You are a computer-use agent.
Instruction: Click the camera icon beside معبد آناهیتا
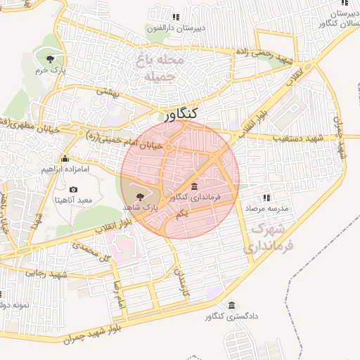[x=74, y=190]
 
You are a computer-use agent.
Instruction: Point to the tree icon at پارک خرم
[x=49, y=59]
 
